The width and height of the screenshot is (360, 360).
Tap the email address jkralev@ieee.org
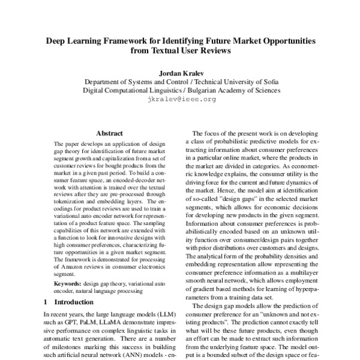click(x=181, y=100)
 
